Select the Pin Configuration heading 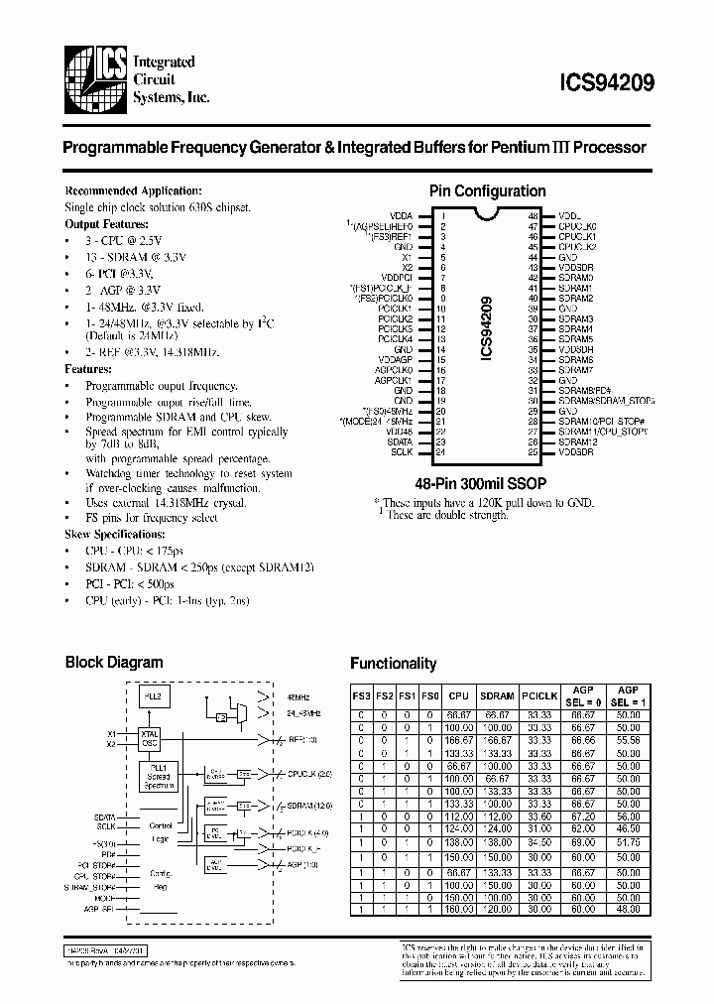pos(487,191)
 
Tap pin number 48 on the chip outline pos(533,215)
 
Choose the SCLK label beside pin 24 pos(402,452)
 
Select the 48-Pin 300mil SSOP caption pos(487,483)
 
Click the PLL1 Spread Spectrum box pos(159,777)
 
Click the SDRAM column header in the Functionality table pos(496,696)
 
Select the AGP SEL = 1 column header pos(628,695)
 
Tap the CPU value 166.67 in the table pos(457,739)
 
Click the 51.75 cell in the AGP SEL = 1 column pos(628,842)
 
